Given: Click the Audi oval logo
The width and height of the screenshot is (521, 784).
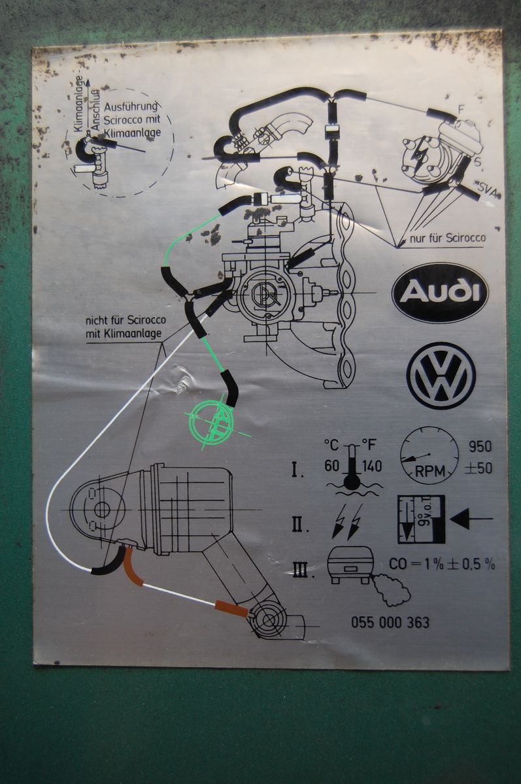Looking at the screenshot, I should tap(440, 292).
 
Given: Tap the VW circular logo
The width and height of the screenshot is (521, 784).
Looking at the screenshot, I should tap(441, 376).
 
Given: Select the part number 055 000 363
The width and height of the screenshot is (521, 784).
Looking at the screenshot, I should tap(390, 622).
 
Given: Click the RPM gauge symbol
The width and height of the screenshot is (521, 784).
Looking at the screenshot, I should tap(429, 455).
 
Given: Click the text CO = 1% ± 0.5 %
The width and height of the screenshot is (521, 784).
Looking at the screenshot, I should tap(442, 564).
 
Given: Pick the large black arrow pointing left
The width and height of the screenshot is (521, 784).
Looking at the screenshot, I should tap(471, 520).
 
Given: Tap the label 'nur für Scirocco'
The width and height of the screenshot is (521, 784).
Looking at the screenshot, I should tap(448, 238).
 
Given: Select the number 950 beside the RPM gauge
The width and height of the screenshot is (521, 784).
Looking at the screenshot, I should tap(480, 448).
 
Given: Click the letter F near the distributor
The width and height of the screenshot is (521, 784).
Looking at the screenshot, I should tap(461, 109).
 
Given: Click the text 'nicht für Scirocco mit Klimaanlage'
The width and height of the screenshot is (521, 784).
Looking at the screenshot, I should tap(125, 327).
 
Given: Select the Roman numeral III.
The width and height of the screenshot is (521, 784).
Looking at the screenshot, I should tap(299, 570).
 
